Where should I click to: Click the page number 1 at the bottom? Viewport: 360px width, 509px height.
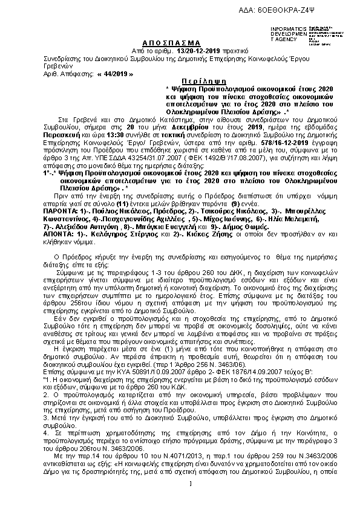point(190,499)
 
